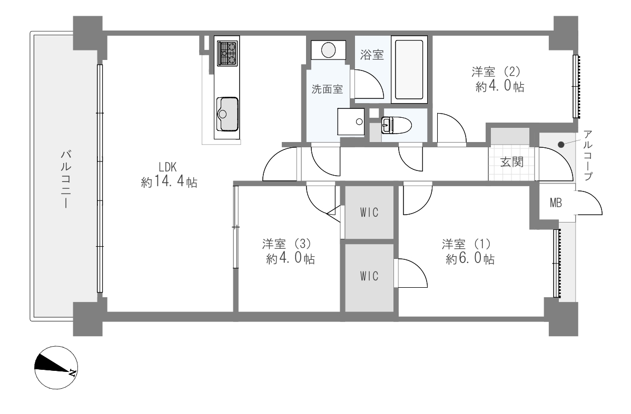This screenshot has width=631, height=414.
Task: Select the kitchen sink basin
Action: tap(228, 114)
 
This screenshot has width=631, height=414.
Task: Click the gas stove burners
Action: tap(228, 54)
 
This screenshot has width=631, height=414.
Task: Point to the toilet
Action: tap(397, 125)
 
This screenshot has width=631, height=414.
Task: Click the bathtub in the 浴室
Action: tap(409, 69)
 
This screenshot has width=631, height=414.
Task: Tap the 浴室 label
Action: tap(372, 55)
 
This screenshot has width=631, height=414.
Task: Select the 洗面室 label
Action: tap(327, 89)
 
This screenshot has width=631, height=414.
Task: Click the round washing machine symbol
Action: tap(328, 51)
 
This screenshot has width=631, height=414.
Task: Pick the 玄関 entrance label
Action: tap(512, 162)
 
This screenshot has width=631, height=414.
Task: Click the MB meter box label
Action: tap(556, 203)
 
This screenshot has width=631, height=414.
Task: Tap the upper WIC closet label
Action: tap(369, 212)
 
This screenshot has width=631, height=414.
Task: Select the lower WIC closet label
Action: tap(369, 276)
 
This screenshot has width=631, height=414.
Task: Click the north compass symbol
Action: tap(56, 367)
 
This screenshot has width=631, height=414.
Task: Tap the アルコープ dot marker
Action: tap(561, 145)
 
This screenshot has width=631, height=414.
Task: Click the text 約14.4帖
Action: tap(169, 182)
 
